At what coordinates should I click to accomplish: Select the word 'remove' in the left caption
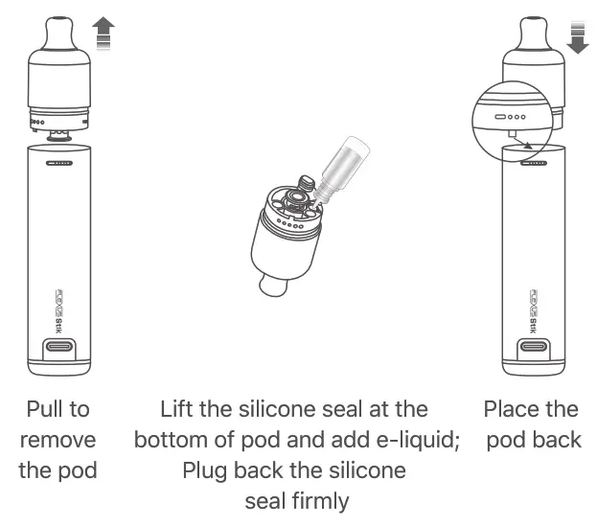click(x=57, y=441)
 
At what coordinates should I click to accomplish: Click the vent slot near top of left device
click(x=59, y=163)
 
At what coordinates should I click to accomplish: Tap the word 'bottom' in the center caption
click(x=174, y=441)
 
